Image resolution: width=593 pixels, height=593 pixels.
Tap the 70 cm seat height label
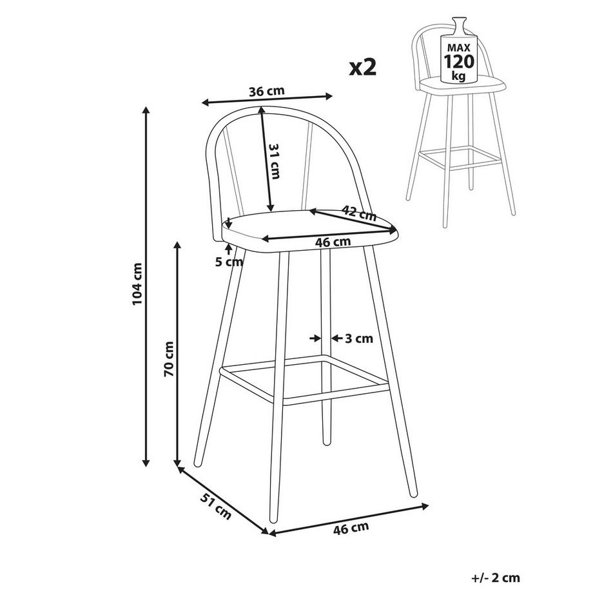(x=168, y=358)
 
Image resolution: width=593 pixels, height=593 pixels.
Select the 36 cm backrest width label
(x=267, y=90)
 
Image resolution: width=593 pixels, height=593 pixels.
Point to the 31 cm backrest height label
(x=273, y=161)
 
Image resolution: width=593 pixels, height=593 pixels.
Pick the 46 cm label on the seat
(x=332, y=242)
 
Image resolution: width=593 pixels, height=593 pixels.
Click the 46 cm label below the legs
(x=351, y=529)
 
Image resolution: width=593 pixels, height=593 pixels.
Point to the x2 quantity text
(x=362, y=68)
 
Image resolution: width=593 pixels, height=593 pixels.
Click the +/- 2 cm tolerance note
(x=495, y=578)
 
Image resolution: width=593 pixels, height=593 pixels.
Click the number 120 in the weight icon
(x=458, y=62)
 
